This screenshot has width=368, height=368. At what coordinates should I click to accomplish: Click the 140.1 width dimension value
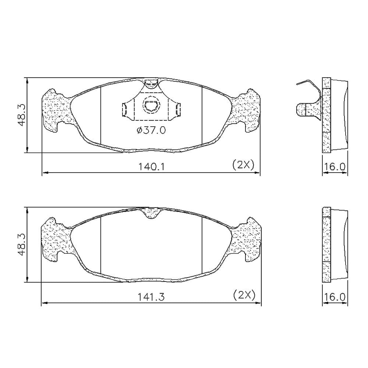(152, 167)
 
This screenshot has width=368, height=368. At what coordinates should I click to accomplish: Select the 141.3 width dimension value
(151, 297)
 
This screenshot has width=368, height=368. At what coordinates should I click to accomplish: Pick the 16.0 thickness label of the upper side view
(335, 167)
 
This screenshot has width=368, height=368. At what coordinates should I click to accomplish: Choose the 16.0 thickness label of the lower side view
(335, 297)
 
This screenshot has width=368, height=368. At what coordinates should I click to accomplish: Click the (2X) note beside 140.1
(243, 165)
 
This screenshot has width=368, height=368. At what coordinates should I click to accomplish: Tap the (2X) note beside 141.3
(244, 295)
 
